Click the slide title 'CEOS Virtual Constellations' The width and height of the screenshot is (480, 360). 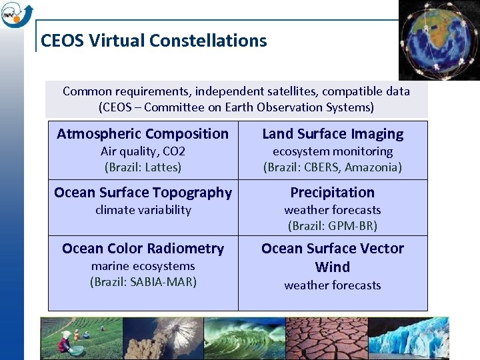point(153,41)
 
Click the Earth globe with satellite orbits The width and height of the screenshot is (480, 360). point(439,39)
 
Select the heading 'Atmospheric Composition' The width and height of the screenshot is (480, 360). point(143,134)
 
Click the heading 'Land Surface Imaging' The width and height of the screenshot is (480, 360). point(333,134)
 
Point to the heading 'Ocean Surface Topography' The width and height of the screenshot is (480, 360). point(143,193)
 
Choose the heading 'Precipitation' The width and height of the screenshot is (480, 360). point(333,193)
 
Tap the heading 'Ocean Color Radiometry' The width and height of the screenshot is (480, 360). point(143,249)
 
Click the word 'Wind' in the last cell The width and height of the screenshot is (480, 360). point(333,267)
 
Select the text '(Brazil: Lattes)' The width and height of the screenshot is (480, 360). point(143,167)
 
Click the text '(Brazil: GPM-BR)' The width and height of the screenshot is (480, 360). point(333,226)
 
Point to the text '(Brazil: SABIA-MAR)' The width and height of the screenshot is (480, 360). point(143,282)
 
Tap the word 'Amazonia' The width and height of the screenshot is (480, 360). point(374,167)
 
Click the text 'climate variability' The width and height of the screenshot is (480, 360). point(143,210)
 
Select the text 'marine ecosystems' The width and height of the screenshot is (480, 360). point(143,266)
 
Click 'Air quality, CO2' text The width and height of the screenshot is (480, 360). point(143,151)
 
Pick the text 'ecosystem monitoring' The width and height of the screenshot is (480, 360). point(333,151)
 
